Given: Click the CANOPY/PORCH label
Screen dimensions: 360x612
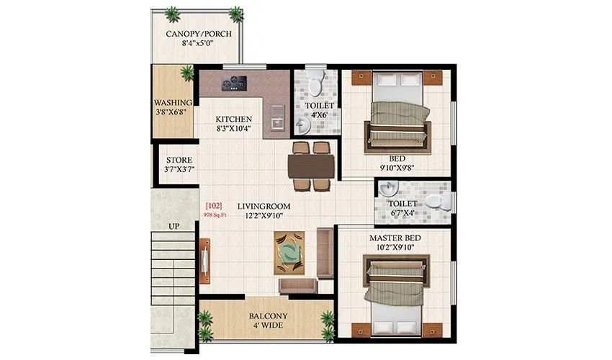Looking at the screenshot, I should click(194, 34).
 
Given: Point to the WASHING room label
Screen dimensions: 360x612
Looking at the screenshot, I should click(173, 102).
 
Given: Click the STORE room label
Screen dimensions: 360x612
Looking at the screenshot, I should click(178, 159).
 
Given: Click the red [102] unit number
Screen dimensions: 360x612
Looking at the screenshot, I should click(212, 206).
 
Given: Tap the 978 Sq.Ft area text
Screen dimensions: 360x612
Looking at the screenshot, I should click(215, 215).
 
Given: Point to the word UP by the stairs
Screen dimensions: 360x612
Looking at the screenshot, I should click(174, 226).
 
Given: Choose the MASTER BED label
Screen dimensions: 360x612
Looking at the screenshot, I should click(395, 238).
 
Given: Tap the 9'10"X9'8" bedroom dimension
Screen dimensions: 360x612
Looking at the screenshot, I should click(397, 169).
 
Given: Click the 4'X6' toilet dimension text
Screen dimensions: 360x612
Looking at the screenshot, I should click(317, 116).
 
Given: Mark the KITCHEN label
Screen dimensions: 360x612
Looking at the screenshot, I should click(234, 119).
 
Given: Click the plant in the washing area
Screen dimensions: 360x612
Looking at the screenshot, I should click(187, 72).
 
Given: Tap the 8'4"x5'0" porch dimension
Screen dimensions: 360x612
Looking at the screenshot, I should click(194, 44).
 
